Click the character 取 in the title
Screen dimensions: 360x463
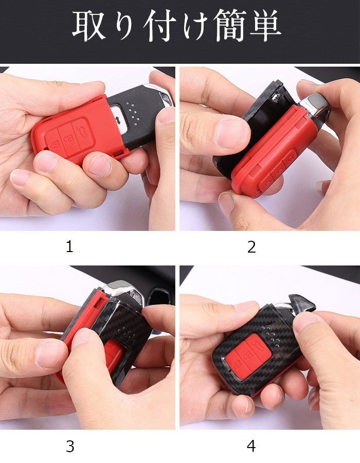89,26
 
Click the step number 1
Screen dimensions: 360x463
69,246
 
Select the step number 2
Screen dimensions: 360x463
251,247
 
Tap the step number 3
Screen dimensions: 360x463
70,447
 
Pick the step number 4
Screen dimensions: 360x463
251,446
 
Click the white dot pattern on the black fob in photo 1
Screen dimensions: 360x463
133,112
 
